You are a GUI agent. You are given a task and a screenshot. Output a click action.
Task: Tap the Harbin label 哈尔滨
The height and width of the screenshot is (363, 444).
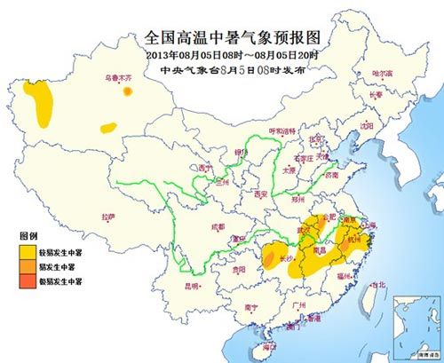coord(382,72)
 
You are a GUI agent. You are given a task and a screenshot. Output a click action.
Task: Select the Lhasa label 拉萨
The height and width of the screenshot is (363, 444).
coord(108,217)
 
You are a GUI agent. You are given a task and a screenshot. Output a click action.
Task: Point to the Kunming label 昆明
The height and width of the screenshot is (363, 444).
coord(190,287)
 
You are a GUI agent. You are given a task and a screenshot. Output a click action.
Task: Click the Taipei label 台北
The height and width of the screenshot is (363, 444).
coord(379,285)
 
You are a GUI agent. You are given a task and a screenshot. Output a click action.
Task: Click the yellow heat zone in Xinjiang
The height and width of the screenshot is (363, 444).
coord(38,99)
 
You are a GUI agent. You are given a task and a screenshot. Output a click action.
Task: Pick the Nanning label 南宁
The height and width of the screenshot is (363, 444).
coord(251,306)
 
